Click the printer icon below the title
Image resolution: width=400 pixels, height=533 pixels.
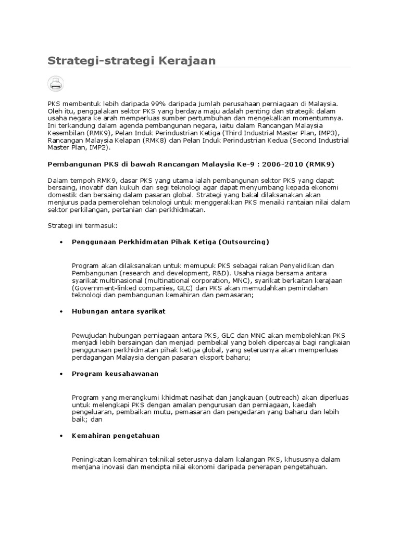point(56,83)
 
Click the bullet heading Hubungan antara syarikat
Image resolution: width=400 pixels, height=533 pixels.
point(118,311)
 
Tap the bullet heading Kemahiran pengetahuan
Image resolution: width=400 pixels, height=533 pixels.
point(116,435)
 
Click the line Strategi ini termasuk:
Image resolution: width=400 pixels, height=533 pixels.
point(83,225)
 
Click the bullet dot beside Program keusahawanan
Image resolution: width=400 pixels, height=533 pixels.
point(61,374)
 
